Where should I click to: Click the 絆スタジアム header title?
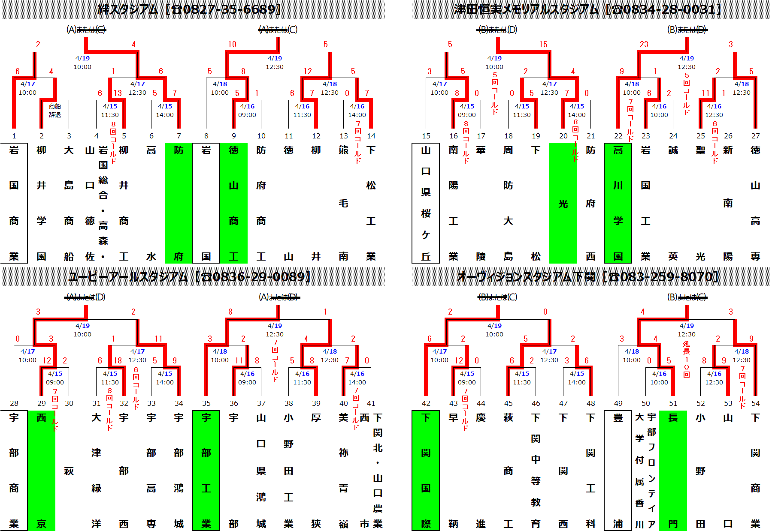pyautogui.click(x=189, y=9)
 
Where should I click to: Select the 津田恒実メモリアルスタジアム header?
pyautogui.click(x=588, y=9)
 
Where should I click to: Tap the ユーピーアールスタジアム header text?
pyautogui.click(x=189, y=276)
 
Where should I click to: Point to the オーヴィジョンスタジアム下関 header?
pyautogui.click(x=588, y=276)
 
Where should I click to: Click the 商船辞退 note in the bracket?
pyautogui.click(x=55, y=110)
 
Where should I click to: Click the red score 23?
pyautogui.click(x=644, y=44)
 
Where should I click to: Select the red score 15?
pyautogui.click(x=543, y=44)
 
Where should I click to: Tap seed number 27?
pyautogui.click(x=755, y=136)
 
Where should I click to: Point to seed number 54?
pyautogui.click(x=755, y=403)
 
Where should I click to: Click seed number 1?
pyautogui.click(x=14, y=136)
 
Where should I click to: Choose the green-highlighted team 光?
pyautogui.click(x=563, y=204)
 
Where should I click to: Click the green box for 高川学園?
pyautogui.click(x=618, y=203)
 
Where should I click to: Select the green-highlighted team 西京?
pyautogui.click(x=42, y=471)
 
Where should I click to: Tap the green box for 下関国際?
pyautogui.click(x=426, y=471)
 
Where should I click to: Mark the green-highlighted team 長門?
pyautogui.click(x=673, y=471)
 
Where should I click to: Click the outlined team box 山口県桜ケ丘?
pyautogui.click(x=426, y=203)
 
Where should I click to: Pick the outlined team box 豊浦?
pyautogui.click(x=618, y=471)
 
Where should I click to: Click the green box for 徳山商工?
pyautogui.click(x=233, y=203)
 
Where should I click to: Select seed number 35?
pyautogui.click(x=206, y=403)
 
